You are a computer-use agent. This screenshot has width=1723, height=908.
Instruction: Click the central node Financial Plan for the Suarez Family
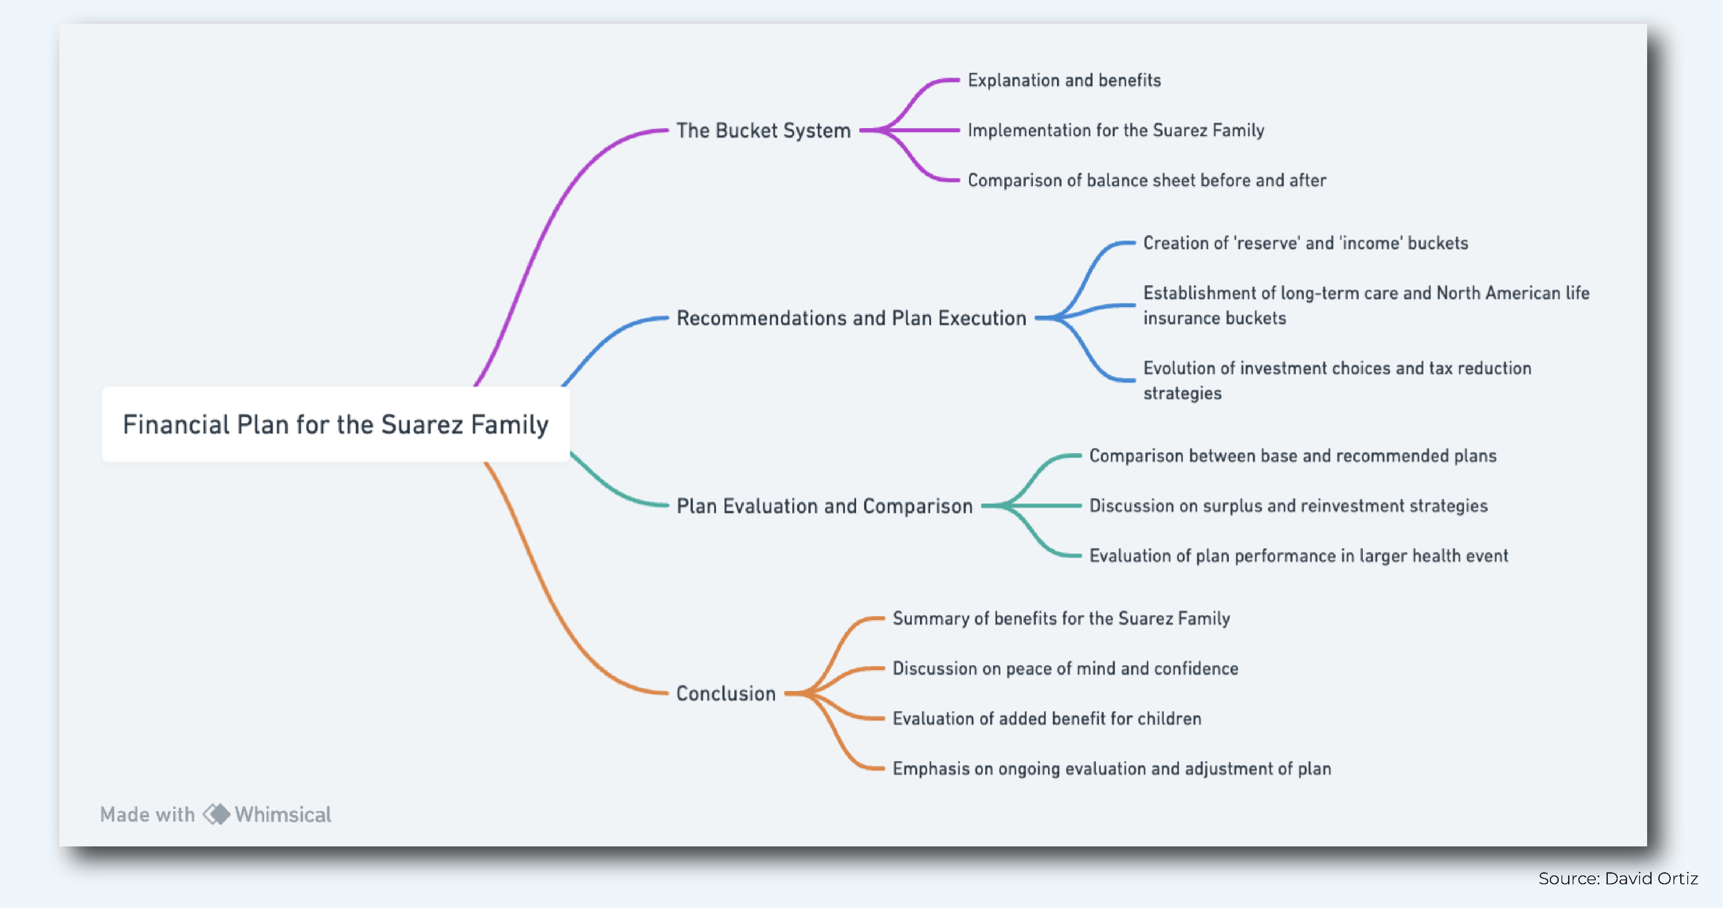pos(336,424)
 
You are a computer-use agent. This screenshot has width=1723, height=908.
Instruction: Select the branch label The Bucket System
pos(763,130)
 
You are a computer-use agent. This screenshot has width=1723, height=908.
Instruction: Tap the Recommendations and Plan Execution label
pos(851,318)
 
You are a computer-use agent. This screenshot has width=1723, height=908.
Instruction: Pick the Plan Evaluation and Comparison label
pos(824,506)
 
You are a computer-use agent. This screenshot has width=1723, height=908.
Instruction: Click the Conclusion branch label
pos(726,693)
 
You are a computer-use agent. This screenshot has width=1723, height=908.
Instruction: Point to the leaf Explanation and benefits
pos(1064,80)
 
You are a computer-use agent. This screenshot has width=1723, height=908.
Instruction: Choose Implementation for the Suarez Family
pos(1115,130)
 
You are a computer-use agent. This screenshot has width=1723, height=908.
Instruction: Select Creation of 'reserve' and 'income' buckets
pos(1305,243)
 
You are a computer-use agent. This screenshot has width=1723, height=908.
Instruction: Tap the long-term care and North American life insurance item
pos(1365,305)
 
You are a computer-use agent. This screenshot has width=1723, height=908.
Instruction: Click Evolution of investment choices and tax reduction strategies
pos(1336,380)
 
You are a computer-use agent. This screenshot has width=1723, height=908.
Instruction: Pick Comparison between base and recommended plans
pos(1292,456)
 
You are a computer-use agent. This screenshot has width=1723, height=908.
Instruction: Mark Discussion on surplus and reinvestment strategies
pos(1288,506)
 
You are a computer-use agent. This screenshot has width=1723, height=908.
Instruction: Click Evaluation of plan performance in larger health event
pos(1298,556)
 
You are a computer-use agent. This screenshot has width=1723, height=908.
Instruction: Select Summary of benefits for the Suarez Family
pos(1061,618)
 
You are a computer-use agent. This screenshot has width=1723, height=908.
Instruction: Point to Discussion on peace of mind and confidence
pos(1065,668)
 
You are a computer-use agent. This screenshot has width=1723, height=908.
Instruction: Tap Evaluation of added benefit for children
pos(1047,719)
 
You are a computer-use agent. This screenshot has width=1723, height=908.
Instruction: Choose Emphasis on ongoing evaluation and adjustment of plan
pos(1111,769)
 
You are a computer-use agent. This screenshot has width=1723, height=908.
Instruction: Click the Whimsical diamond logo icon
pos(216,814)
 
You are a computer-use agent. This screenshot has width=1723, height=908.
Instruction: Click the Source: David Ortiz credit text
pos(1617,879)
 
